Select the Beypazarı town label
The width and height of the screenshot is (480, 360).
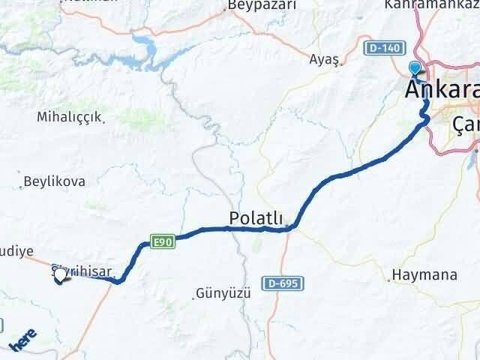coord(262,5)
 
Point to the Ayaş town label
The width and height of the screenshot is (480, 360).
coord(325,58)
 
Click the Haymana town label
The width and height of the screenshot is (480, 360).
coord(427,275)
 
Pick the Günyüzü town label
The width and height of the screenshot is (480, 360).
coord(222,292)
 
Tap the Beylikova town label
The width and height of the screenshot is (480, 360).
coord(54,181)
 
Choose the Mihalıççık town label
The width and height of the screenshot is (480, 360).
coord(70,117)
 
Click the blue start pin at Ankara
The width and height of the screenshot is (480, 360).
coord(415,69)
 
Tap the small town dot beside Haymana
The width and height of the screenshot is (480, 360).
coord(391,279)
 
